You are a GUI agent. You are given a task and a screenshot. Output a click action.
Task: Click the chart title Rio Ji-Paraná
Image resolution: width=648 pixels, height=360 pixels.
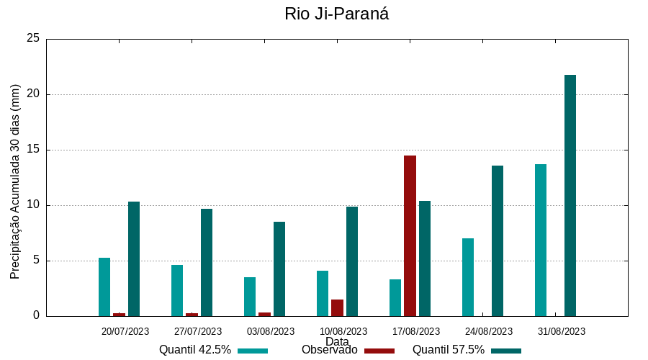[x=336, y=14]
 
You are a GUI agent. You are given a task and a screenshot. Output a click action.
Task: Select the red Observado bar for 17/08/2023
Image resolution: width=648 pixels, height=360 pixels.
[x=410, y=235]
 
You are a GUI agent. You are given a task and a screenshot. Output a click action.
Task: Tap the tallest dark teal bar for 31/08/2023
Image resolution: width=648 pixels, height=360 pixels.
[x=570, y=195]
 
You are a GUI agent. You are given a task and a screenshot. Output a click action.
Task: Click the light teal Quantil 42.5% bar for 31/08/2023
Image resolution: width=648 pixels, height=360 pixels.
[x=541, y=240]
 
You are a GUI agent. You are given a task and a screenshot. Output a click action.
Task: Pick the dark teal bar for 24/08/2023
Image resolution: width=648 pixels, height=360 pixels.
[x=498, y=240]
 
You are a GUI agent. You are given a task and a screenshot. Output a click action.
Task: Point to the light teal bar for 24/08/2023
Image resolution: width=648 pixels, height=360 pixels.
[x=468, y=276]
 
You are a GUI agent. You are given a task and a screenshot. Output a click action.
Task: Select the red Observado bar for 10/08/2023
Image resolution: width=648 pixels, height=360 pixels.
[x=337, y=307]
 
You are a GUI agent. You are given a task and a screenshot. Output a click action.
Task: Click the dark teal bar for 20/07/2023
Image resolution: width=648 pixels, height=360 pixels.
[x=134, y=258]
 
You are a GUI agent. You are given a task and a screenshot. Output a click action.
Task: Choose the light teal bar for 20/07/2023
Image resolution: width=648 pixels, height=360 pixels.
[x=104, y=287]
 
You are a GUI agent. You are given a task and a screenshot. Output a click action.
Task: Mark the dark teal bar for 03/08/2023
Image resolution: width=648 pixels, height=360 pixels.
[x=279, y=269]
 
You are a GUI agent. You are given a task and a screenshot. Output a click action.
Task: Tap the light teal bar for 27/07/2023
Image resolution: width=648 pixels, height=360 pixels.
[x=177, y=290]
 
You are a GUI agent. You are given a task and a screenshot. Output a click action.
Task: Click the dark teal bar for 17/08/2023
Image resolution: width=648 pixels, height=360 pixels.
[x=425, y=258]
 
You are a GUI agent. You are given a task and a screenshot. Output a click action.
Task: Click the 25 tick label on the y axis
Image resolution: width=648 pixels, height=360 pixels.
[x=33, y=39]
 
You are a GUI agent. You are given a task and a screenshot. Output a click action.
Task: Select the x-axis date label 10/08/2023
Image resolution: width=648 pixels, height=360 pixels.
[x=343, y=331]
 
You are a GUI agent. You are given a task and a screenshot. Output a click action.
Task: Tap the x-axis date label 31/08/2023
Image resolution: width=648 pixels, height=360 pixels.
[x=562, y=331]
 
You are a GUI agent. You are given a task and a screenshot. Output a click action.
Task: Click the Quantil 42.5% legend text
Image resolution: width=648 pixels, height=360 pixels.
[x=195, y=350]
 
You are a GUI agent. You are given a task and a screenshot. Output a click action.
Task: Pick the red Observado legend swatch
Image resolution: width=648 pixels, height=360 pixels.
[x=379, y=351]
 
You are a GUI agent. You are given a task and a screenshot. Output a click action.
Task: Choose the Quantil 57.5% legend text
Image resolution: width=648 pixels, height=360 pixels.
[x=449, y=350]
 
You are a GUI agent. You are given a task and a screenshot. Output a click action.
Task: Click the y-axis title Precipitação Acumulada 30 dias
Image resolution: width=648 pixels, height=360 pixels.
[x=15, y=181]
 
